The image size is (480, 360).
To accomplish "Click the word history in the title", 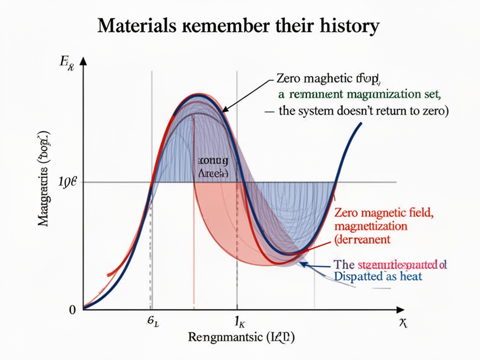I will (352, 27).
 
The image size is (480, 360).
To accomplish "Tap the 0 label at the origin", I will (72, 310).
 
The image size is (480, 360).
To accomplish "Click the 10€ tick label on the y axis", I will (69, 182).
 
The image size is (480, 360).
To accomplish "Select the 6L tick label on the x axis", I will (152, 322).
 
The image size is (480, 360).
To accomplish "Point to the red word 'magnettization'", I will (371, 226).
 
